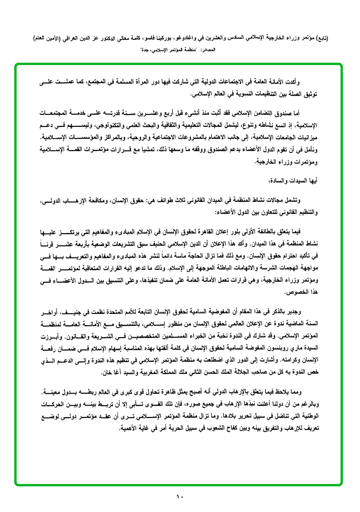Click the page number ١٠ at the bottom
(x=180, y=496)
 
